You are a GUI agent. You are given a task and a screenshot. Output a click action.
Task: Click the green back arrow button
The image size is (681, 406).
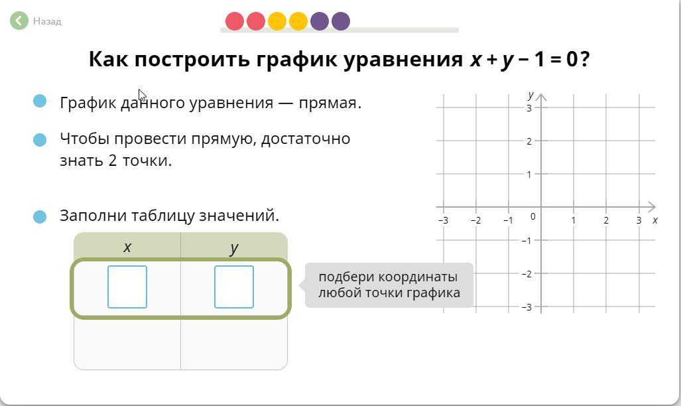pos(19,21)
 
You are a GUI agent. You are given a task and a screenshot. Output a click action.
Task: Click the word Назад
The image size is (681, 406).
pos(47,21)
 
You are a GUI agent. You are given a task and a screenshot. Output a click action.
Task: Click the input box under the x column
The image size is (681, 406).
pos(127,287)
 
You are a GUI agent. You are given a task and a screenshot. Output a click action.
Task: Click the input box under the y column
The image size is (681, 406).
pos(234,287)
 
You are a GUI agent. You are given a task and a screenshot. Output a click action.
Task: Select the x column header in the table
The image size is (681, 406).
pos(127,247)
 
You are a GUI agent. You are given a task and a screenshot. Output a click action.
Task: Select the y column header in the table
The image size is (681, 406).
pos(234,247)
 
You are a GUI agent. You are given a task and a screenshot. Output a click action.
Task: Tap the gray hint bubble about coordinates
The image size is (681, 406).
pos(389,285)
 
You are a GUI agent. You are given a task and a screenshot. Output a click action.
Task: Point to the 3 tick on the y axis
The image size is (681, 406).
pos(529,108)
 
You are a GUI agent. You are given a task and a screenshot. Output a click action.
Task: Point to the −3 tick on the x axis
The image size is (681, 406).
pos(443,220)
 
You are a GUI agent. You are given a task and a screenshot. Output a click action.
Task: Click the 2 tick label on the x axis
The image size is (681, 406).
pos(606,220)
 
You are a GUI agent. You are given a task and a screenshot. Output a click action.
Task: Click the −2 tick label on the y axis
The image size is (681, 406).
pos(526,274)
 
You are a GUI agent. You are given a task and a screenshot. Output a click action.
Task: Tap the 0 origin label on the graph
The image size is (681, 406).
pos(533,216)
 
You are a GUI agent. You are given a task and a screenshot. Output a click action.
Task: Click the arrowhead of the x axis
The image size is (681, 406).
pos(651,207)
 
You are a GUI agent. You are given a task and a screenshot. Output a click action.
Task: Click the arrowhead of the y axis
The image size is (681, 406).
pos(541,97)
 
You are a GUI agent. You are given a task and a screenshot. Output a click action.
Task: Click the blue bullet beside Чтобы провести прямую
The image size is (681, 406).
pos(40,140)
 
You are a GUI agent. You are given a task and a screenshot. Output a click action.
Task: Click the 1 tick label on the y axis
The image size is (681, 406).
pos(529,174)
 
